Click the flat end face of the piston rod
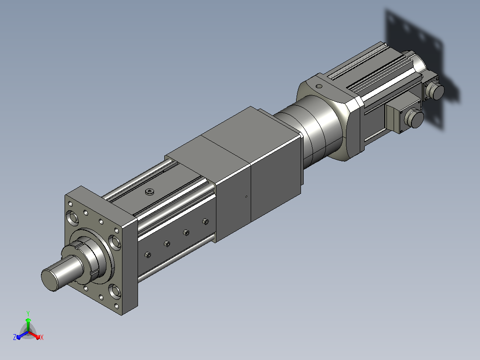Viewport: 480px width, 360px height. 49,280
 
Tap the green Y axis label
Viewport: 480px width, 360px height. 28,313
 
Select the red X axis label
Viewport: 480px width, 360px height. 42,337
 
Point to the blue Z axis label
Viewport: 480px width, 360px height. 15,337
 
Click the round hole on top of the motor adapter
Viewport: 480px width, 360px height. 319,86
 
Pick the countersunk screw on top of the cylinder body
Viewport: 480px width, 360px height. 150,192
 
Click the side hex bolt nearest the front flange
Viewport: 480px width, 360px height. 148,255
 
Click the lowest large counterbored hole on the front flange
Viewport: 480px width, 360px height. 114,291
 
